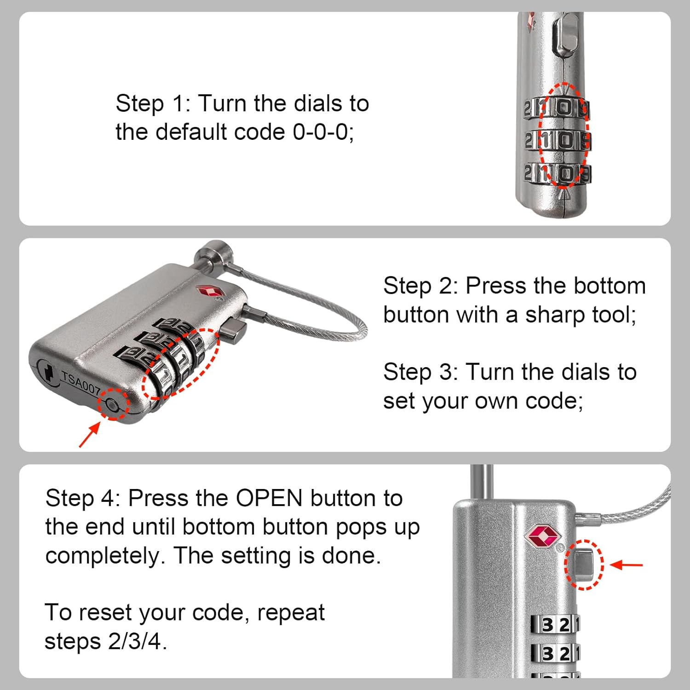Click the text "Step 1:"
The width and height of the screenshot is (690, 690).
[153, 103]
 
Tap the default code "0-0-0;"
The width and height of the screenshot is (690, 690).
[323, 132]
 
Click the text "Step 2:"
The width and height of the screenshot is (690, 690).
[420, 286]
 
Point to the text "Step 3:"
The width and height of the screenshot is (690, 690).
[420, 372]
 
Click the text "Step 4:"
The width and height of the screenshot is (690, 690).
[83, 498]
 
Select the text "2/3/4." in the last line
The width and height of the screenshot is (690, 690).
[138, 641]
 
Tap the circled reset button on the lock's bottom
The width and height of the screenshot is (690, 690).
[112, 404]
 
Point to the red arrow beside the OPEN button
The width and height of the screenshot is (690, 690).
[627, 564]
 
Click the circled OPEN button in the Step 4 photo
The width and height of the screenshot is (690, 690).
[582, 565]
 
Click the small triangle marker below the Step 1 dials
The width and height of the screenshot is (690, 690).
[565, 195]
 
